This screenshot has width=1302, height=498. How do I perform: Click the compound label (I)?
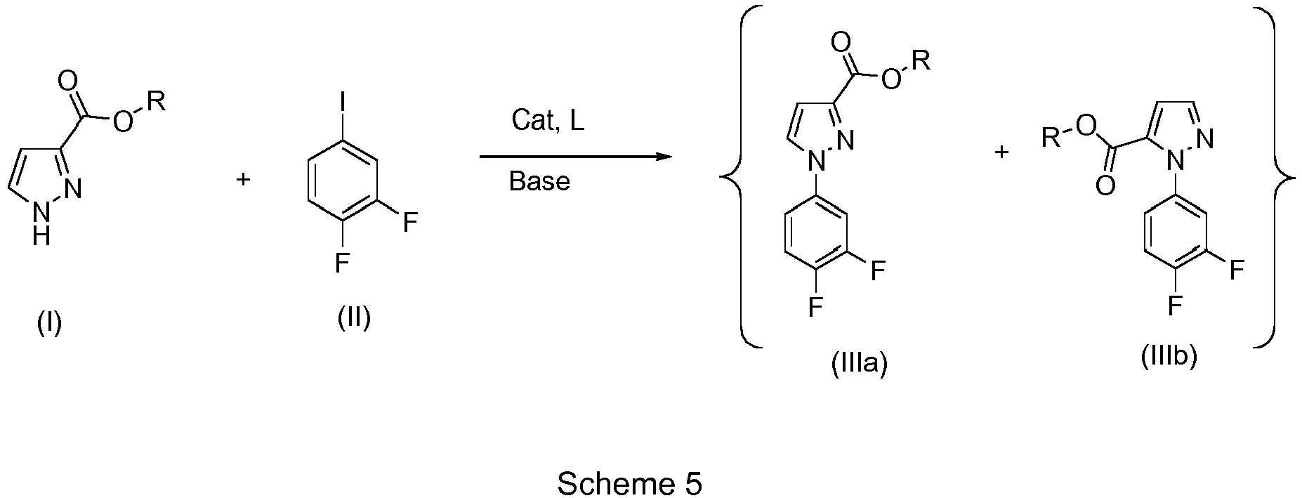click(x=49, y=324)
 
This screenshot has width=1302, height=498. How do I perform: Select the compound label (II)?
click(x=353, y=318)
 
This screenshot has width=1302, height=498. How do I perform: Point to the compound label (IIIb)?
click(x=1169, y=357)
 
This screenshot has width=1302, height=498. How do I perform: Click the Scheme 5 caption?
click(x=630, y=483)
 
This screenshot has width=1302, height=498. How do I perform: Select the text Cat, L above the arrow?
click(x=548, y=121)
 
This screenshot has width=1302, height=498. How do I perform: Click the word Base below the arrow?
click(x=539, y=181)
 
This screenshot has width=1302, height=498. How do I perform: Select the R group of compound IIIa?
click(x=922, y=61)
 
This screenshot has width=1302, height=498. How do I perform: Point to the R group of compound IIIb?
click(x=1051, y=138)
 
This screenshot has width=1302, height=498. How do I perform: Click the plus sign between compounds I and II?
click(x=242, y=179)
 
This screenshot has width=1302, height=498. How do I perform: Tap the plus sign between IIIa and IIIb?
click(x=1001, y=152)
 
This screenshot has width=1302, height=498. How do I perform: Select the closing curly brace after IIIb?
click(x=1275, y=176)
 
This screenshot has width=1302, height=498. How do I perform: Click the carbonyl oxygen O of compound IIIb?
click(x=1105, y=186)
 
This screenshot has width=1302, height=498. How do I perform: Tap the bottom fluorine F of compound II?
click(x=342, y=263)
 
